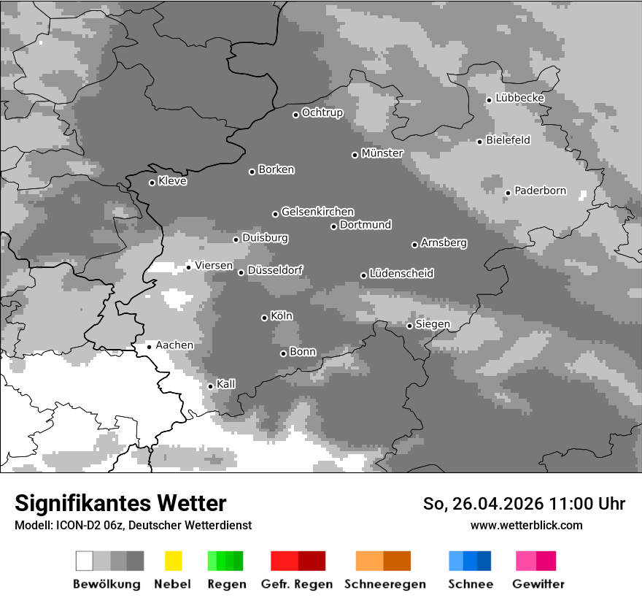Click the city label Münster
[382, 153]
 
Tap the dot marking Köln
[264, 318]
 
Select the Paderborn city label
[540, 191]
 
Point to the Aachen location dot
[149, 347]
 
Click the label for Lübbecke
[519, 98]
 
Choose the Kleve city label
[172, 181]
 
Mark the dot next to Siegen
[409, 326]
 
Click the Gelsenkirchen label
[317, 212]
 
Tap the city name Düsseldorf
[275, 270]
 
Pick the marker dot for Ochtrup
[295, 114]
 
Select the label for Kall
[226, 384]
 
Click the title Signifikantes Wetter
[120, 503]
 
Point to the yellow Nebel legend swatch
[174, 561]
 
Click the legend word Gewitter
[538, 584]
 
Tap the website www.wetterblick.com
[526, 525]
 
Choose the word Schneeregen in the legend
[385, 584]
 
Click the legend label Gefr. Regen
[297, 584]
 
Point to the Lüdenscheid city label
[401, 274]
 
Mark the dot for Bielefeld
[479, 142]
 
